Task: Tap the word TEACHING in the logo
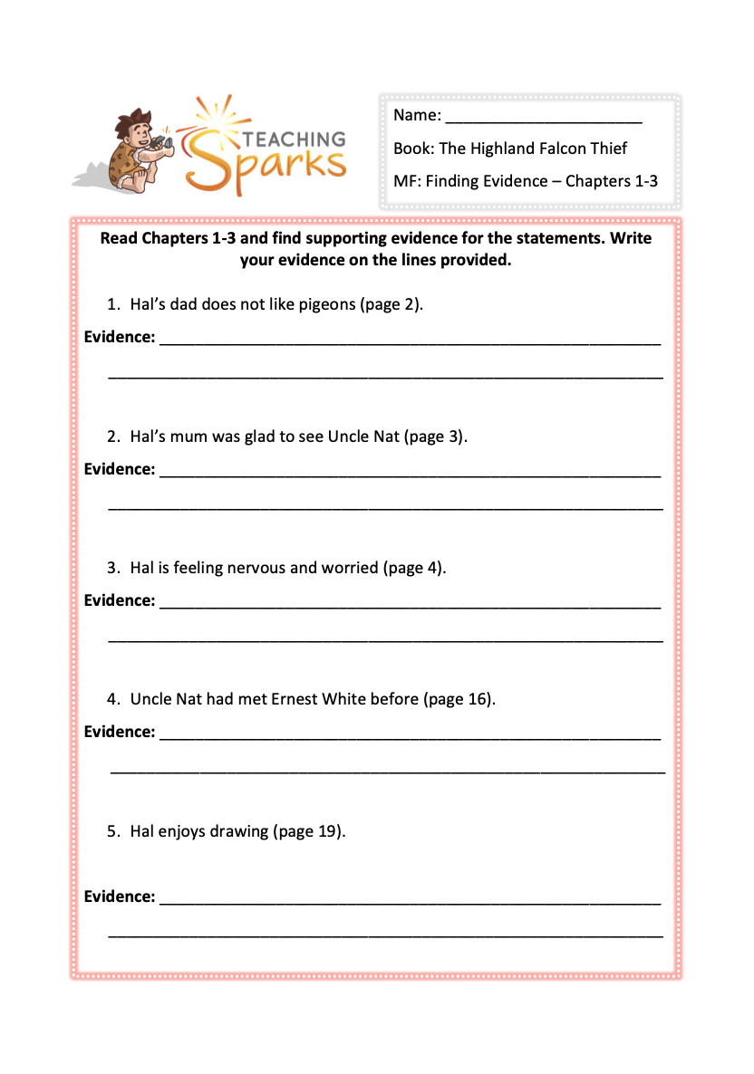click(291, 139)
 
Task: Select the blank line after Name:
click(544, 117)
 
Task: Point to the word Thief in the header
click(607, 149)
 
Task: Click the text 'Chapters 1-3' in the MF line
click(612, 181)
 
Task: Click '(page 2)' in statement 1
click(392, 304)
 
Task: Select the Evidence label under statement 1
click(120, 337)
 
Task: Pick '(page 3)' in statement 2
click(437, 436)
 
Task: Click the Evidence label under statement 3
click(120, 600)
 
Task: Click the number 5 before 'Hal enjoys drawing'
click(111, 830)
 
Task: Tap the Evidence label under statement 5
click(120, 897)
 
